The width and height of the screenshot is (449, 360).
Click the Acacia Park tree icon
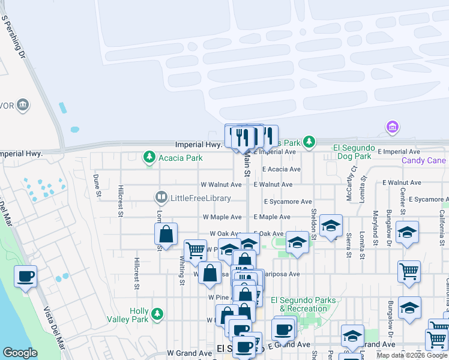click(x=149, y=158)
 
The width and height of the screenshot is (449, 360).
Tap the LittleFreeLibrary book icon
click(x=161, y=197)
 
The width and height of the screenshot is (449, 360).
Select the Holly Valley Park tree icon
click(x=157, y=313)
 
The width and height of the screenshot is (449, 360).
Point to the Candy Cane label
click(x=424, y=160)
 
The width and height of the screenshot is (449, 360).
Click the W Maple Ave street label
click(x=221, y=217)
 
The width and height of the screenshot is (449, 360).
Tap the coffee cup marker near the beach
click(x=26, y=277)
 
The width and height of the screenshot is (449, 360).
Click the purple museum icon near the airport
click(x=393, y=127)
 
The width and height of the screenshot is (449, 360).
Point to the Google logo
click(x=20, y=353)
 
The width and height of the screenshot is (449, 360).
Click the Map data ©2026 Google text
click(x=412, y=355)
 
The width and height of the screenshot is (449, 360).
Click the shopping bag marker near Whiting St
click(x=166, y=234)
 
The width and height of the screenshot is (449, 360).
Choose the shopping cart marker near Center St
click(x=409, y=272)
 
